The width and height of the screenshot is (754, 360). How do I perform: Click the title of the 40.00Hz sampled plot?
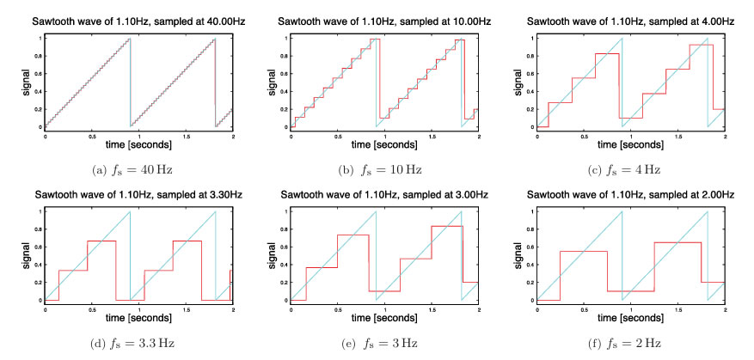tap(139, 21)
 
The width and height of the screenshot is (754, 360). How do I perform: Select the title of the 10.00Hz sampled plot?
tap(384, 21)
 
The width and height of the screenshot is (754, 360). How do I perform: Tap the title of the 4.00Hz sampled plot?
tap(631, 21)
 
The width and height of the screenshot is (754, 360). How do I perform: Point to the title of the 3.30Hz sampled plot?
tap(139, 195)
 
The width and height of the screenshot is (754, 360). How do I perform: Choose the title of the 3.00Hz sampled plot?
tap(384, 195)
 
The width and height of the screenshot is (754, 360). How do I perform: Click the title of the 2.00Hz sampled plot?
tap(631, 195)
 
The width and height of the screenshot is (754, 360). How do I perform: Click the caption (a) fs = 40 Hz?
tap(139, 169)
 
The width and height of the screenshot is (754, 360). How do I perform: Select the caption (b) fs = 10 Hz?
tap(384, 169)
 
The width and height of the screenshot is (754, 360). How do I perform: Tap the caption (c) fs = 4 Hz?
tap(630, 169)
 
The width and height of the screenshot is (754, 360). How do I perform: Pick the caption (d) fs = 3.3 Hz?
tap(139, 343)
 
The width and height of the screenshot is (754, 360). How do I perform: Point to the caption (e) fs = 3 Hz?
tap(384, 343)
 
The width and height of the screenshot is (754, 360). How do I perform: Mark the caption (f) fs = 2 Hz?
tap(630, 343)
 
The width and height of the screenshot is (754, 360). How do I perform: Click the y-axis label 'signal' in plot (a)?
tap(29, 82)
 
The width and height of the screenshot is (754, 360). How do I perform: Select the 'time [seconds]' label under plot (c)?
tap(631, 144)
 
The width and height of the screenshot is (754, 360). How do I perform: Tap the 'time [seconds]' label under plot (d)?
tap(139, 318)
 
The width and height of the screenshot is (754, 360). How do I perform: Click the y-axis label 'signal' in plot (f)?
tap(521, 255)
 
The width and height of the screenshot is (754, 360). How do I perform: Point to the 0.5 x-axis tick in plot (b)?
tap(338, 136)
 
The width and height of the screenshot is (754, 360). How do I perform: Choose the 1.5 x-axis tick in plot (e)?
tap(432, 309)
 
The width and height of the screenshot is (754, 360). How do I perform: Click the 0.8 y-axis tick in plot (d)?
tap(39, 229)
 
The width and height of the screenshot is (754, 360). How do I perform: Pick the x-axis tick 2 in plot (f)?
tap(724, 309)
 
